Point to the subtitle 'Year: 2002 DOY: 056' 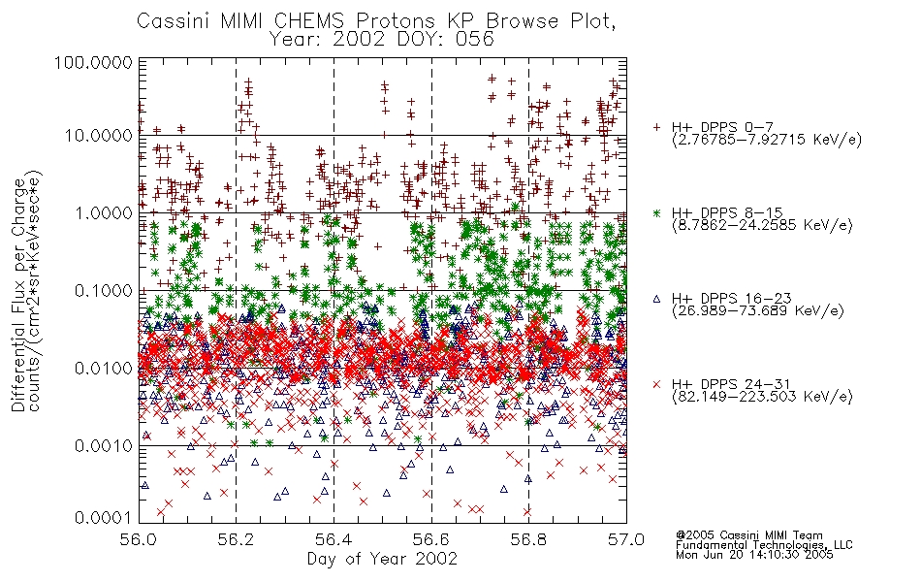[x=382, y=40]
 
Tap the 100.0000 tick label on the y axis [x=93, y=62]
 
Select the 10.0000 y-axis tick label [x=99, y=136]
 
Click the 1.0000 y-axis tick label [x=103, y=212]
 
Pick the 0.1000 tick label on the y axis [x=103, y=290]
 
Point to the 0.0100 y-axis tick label [x=103, y=369]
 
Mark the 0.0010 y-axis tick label [x=103, y=446]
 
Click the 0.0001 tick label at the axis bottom [x=103, y=517]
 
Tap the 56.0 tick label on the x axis [x=139, y=539]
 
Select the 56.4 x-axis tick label [x=333, y=539]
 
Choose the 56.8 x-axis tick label [x=528, y=539]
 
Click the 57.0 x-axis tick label [x=626, y=539]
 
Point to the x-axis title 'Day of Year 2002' [x=382, y=559]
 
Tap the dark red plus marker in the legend [x=656, y=127]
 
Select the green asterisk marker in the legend [x=656, y=212]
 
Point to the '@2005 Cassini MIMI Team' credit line [x=748, y=535]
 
